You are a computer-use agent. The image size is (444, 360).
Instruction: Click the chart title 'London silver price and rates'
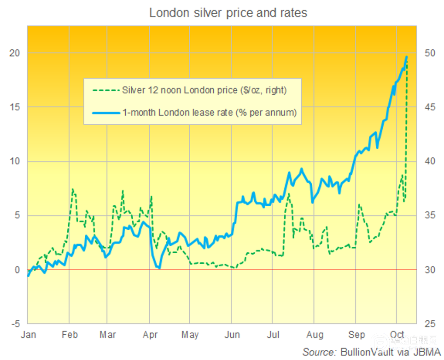click(228, 13)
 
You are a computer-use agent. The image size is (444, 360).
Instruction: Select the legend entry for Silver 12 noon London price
click(204, 90)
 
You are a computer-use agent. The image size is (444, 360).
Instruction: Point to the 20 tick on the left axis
click(15, 53)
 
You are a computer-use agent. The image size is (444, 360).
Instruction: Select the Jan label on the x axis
click(28, 335)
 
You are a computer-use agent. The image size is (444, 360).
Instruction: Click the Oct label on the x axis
click(397, 335)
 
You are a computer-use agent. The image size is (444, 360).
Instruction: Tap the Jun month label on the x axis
click(233, 335)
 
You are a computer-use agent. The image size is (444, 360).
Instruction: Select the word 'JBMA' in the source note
click(427, 352)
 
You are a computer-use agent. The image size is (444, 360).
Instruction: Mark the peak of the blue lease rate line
click(407, 57)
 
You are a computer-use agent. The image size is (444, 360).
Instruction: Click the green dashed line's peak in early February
click(73, 189)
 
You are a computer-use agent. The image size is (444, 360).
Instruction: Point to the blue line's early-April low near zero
click(159, 268)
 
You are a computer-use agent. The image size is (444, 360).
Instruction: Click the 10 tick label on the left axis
click(15, 161)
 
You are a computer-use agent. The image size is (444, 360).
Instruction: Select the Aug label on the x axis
click(315, 335)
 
